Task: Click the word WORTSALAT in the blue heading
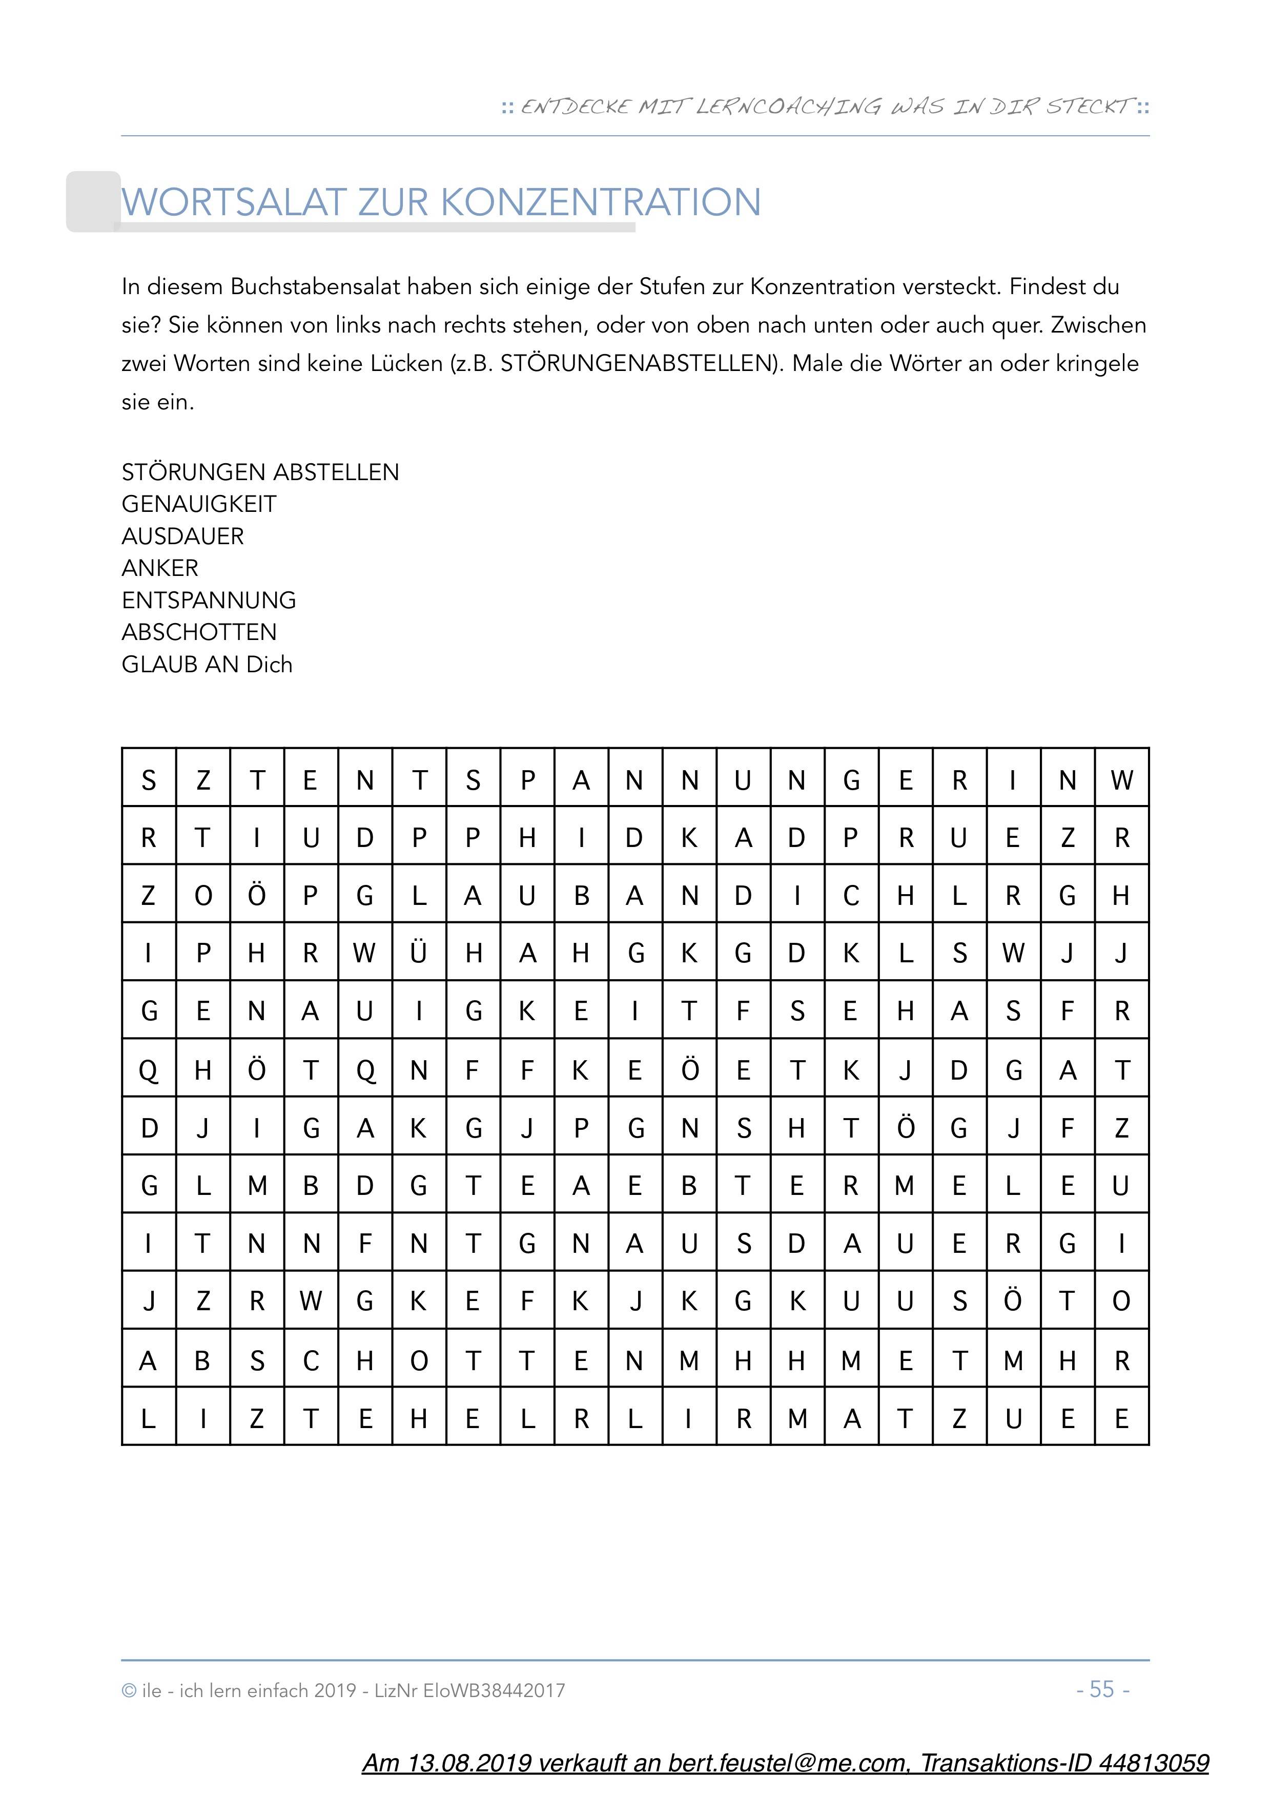233,203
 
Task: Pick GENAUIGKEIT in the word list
199,504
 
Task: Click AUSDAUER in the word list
182,536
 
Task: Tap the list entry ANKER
160,568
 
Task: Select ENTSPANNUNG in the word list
208,601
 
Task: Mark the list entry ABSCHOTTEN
199,632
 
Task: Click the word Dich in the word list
269,665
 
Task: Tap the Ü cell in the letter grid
419,953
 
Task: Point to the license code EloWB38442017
494,1690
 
